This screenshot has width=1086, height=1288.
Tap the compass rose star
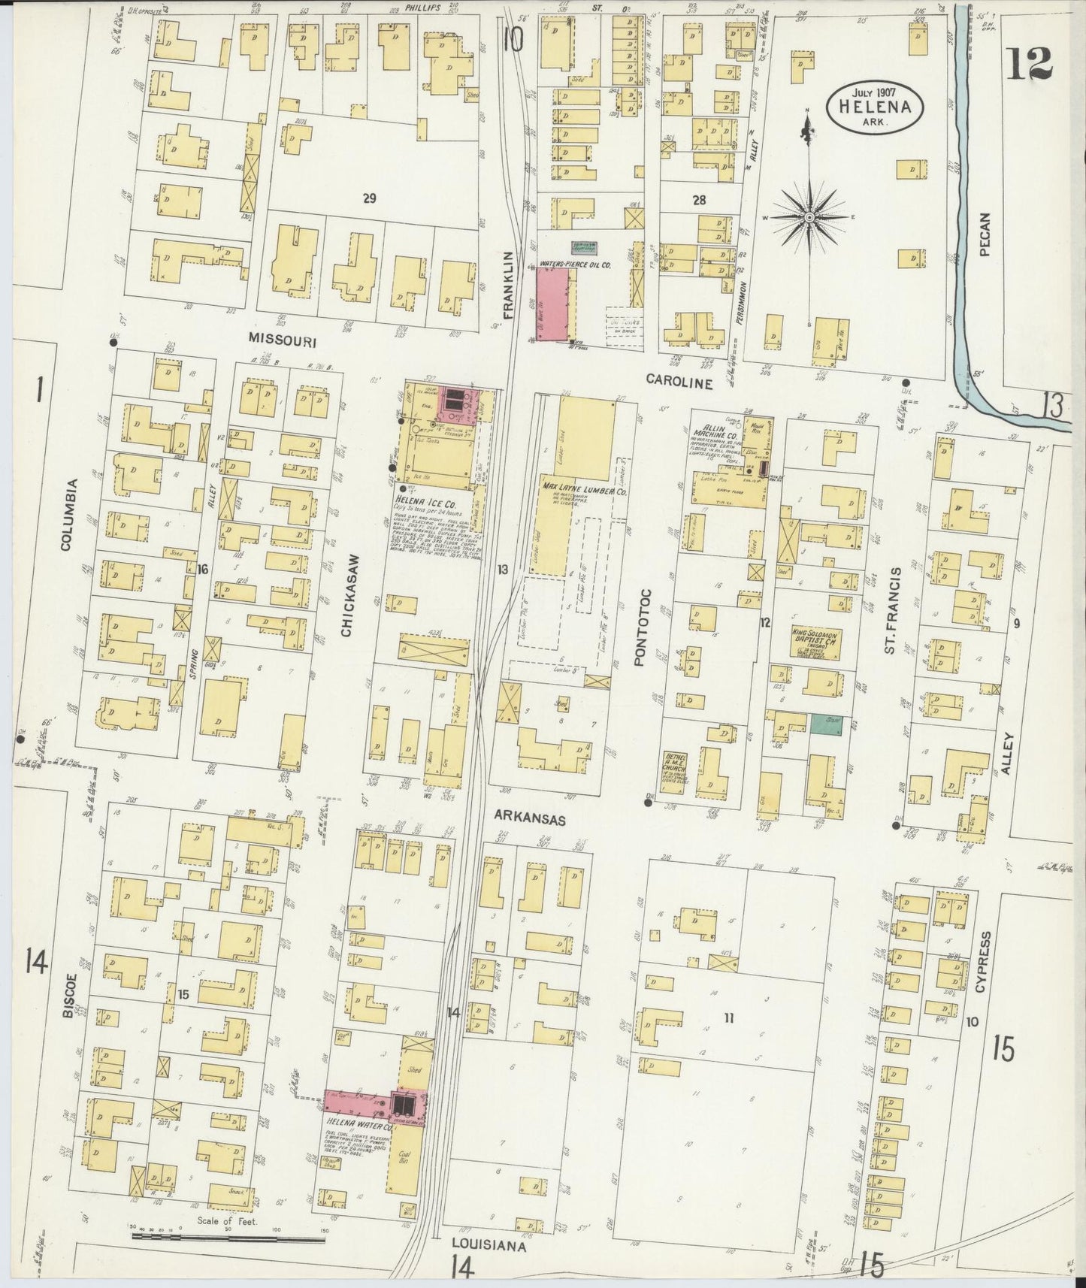pos(809,217)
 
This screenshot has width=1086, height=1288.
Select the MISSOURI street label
pos(283,341)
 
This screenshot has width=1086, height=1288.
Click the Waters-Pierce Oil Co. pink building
pos(553,304)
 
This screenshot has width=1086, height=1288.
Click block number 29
pos(368,198)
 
